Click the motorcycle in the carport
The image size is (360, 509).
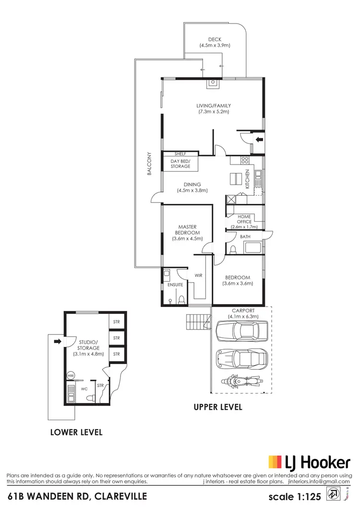coord(240,382)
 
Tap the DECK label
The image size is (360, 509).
coord(215,43)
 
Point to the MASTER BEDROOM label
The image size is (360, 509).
coord(187,232)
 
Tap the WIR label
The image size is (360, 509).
coord(199,276)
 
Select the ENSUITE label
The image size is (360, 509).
coord(175,284)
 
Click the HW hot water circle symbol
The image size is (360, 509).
coord(71,376)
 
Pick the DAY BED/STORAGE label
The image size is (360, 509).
coord(180,164)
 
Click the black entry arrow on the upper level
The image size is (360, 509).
coord(259,140)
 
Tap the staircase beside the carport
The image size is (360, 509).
coord(198,321)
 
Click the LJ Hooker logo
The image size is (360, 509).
coord(309,462)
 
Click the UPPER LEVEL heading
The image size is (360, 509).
coord(217,407)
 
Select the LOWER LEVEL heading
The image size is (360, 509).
coord(76,432)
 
